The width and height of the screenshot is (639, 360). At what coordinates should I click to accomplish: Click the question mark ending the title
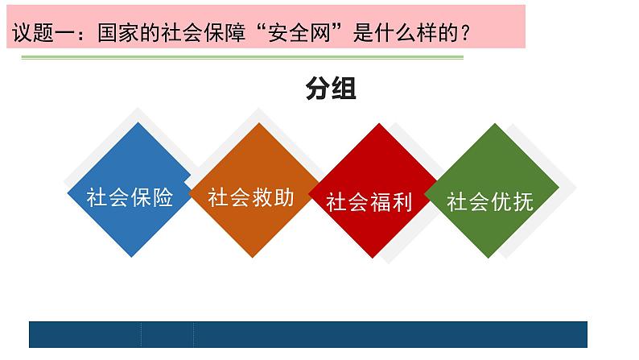pos(464,34)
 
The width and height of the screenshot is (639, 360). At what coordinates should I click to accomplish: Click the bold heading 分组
pos(331,89)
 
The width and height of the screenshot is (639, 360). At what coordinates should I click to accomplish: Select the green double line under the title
pos(241,58)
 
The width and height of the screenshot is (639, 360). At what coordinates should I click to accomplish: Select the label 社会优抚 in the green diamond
pos(490,201)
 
